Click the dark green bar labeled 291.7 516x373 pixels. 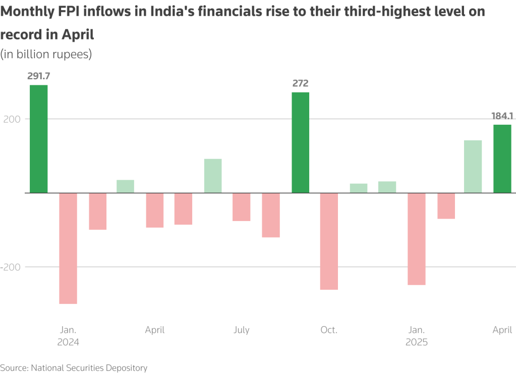pyautogui.click(x=39, y=139)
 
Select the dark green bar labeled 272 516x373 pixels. pyautogui.click(x=301, y=142)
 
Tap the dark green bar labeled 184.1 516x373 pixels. pyautogui.click(x=502, y=158)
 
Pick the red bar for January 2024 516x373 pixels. pyautogui.click(x=68, y=248)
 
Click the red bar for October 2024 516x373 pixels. pyautogui.click(x=329, y=241)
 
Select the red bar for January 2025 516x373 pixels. pyautogui.click(x=417, y=239)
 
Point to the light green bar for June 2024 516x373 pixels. pyautogui.click(x=213, y=176)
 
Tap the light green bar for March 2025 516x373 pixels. pyautogui.click(x=473, y=166)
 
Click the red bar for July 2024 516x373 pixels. pyautogui.click(x=242, y=207)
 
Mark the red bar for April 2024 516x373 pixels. pyautogui.click(x=155, y=210)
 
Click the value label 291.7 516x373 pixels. pyautogui.click(x=39, y=76)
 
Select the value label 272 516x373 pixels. pyautogui.click(x=301, y=84)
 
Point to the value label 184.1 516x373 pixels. pyautogui.click(x=502, y=116)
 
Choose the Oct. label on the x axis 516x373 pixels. pyautogui.click(x=329, y=330)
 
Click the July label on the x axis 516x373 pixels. pyautogui.click(x=242, y=330)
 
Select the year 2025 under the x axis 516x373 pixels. pyautogui.click(x=417, y=342)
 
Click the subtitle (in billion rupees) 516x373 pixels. pyautogui.click(x=46, y=54)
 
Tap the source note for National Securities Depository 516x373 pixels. pyautogui.click(x=74, y=368)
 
